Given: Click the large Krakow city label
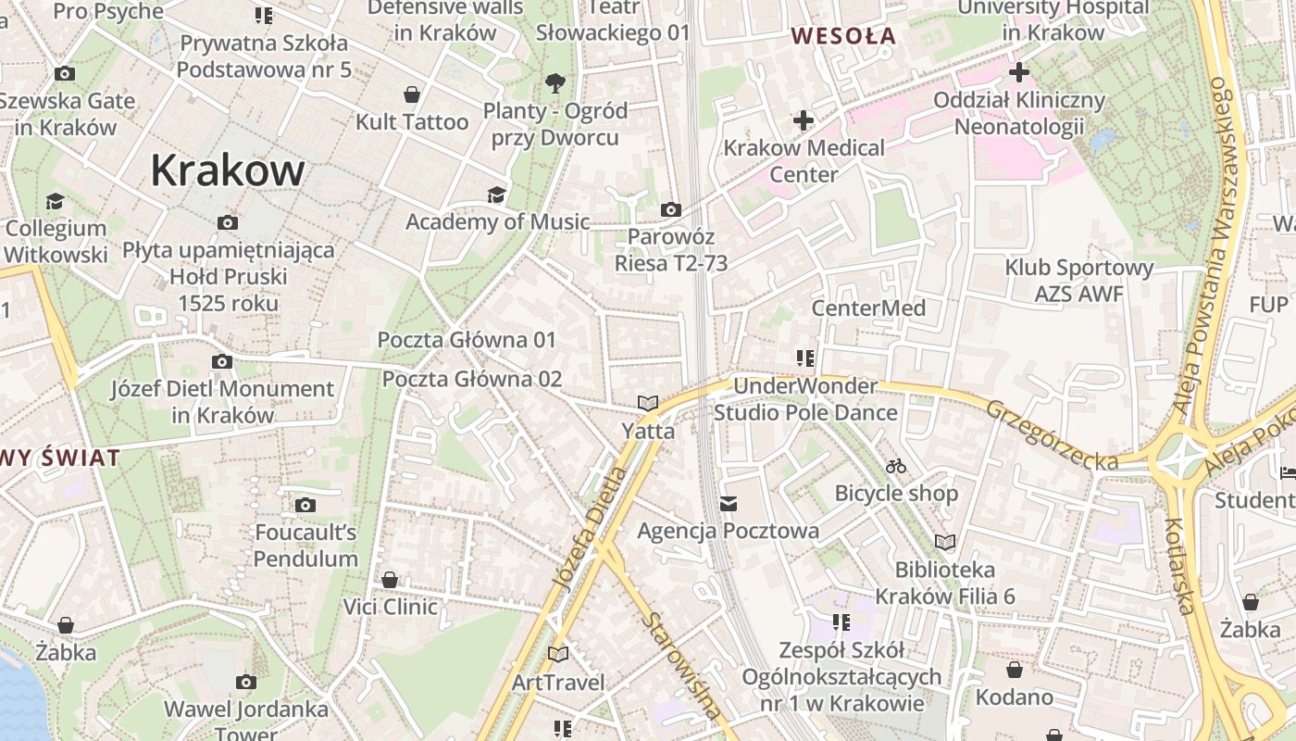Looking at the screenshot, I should pos(227,170).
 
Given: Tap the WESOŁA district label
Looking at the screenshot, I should pos(843,36).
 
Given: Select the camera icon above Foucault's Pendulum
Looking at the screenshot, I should pos(305,505).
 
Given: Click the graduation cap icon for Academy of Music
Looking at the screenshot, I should pos(497,195).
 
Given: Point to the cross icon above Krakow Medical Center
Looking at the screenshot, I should pos(803,120).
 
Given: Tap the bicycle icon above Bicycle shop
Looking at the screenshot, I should pos(895,466).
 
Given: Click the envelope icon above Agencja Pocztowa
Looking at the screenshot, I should pos(729,504).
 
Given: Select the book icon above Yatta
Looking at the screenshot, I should pos(648,403).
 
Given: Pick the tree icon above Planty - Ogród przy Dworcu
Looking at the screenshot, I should pos(555,83).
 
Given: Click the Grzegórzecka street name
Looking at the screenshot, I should pos(1052,433).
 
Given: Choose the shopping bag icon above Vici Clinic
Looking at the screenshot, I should pos(390,580).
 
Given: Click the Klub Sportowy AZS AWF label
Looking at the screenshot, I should pos(1079,281).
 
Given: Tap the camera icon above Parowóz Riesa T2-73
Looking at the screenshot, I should pos(671,210).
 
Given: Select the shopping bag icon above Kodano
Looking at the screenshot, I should pos(1015,670).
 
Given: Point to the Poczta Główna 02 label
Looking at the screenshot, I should pos(472,379).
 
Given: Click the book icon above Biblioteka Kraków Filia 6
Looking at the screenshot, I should pos(945,542).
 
